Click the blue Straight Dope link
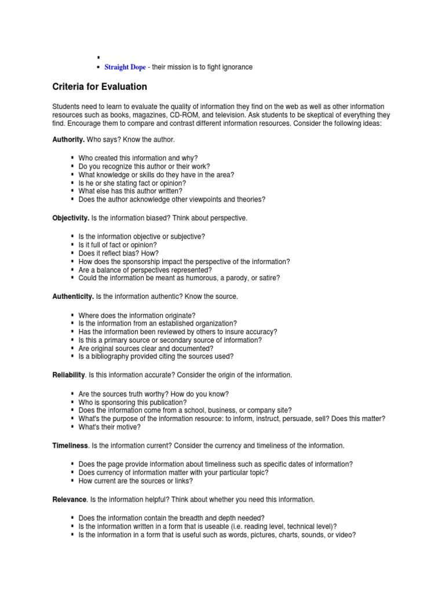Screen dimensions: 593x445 (x=125, y=67)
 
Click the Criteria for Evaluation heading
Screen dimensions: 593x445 (x=100, y=87)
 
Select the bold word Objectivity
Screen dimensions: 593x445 (x=71, y=218)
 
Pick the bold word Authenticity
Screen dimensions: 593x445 (x=73, y=296)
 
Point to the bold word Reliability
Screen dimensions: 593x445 (x=69, y=375)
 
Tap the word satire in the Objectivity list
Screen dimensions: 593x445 (x=269, y=278)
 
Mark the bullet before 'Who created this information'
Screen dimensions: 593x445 (x=72, y=158)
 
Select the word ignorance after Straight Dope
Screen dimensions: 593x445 (x=237, y=67)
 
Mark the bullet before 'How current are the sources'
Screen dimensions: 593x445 (x=72, y=481)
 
